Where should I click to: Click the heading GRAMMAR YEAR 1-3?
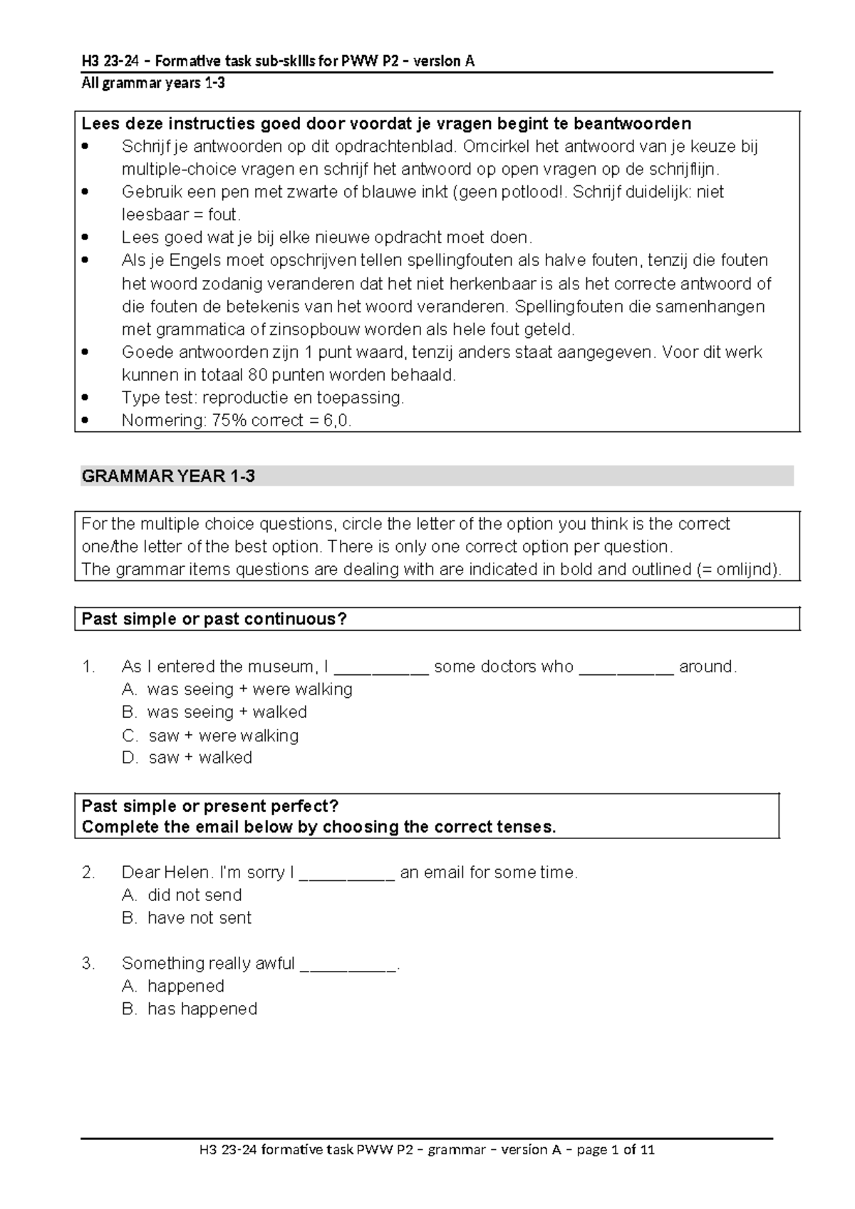tap(168, 476)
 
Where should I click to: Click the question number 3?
tap(88, 964)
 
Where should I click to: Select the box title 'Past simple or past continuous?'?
tap(214, 619)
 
